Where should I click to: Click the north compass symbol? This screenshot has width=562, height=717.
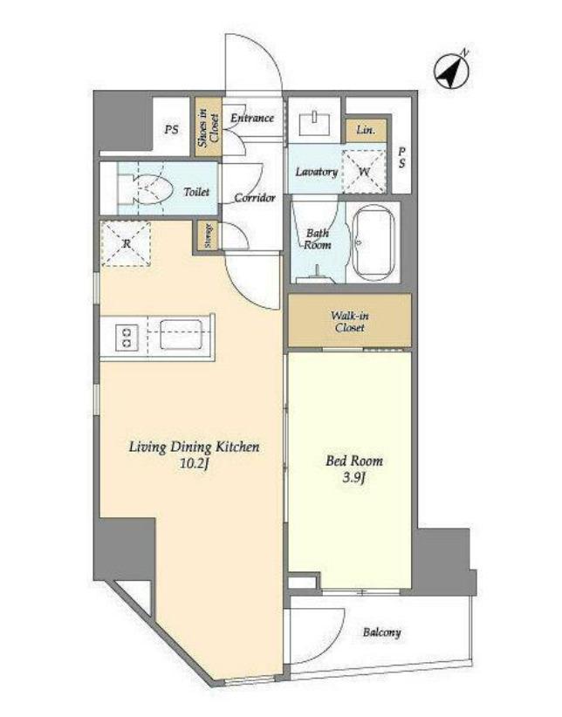tap(452, 71)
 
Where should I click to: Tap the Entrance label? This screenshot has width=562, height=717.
tap(252, 118)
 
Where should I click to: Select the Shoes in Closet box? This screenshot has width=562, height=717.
tap(209, 126)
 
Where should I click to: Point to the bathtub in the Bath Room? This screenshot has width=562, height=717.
tap(375, 242)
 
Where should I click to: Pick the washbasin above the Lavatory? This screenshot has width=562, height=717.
tap(315, 123)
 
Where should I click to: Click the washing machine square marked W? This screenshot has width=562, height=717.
tap(364, 172)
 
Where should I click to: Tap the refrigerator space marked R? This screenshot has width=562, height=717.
tap(127, 243)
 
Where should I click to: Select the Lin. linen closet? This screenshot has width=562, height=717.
tap(366, 130)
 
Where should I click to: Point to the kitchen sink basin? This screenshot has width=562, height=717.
tap(181, 335)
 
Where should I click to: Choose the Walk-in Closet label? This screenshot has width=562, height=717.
tap(350, 322)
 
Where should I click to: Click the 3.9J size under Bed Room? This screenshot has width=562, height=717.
tap(353, 478)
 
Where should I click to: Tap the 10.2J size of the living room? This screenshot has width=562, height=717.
tap(195, 464)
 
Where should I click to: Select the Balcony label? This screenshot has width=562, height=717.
tap(381, 632)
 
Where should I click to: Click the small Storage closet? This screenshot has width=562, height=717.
tap(208, 236)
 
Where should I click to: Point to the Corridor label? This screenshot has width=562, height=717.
tap(255, 198)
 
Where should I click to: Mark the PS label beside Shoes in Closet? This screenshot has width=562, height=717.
tap(172, 130)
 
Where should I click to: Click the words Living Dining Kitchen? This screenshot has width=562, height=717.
tap(194, 447)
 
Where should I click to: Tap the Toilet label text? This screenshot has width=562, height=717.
tap(196, 192)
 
